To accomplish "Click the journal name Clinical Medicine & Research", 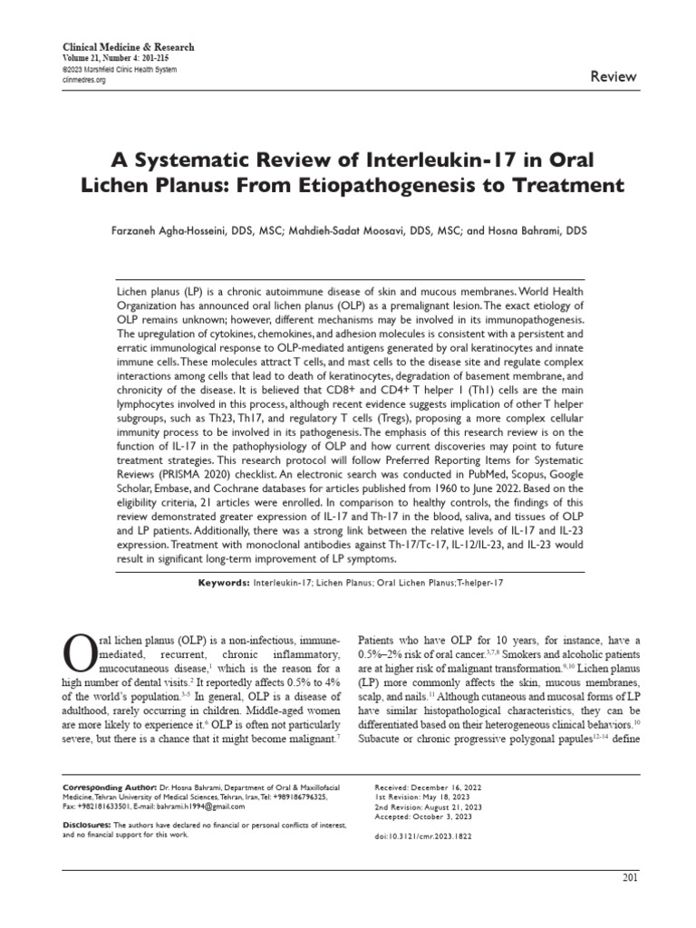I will [127, 47].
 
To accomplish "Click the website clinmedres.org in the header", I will [82, 80].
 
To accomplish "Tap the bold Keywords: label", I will [224, 583].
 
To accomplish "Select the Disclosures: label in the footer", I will [86, 824].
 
